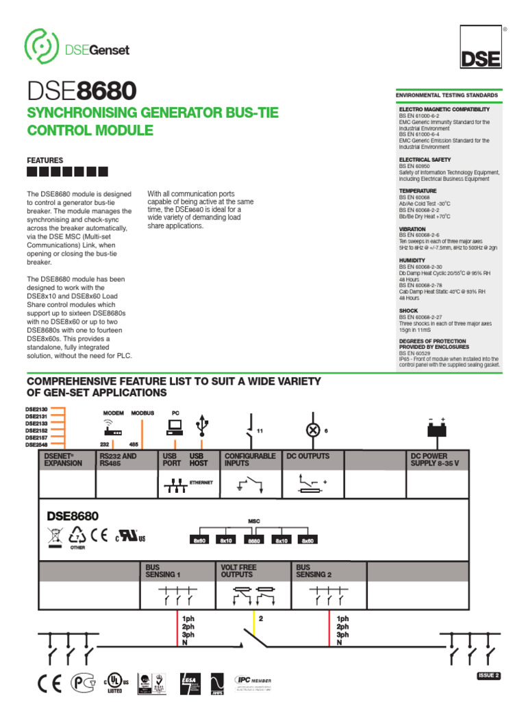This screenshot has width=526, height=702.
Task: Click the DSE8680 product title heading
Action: pyautogui.click(x=82, y=91)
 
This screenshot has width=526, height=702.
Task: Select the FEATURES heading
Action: pyautogui.click(x=45, y=160)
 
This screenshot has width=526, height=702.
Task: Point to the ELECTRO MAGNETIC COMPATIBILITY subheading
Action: pyautogui.click(x=444, y=109)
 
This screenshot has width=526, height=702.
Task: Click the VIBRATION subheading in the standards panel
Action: pyautogui.click(x=412, y=229)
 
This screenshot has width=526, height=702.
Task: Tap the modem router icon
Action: pyautogui.click(x=112, y=428)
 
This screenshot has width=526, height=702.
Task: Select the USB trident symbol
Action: pyautogui.click(x=200, y=426)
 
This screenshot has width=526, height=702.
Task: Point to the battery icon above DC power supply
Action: pyautogui.click(x=437, y=430)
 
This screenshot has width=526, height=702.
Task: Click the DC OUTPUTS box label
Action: pyautogui.click(x=308, y=456)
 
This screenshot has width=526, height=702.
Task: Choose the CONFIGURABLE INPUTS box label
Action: pyautogui.click(x=250, y=459)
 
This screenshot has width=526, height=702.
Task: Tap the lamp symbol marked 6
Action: pyautogui.click(x=313, y=430)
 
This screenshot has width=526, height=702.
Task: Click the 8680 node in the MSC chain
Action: pyautogui.click(x=254, y=540)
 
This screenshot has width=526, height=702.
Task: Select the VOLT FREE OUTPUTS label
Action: pyautogui.click(x=238, y=571)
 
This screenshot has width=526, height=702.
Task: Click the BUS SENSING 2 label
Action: pyautogui.click(x=314, y=571)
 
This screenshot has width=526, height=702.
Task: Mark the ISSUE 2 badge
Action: pyautogui.click(x=488, y=675)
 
